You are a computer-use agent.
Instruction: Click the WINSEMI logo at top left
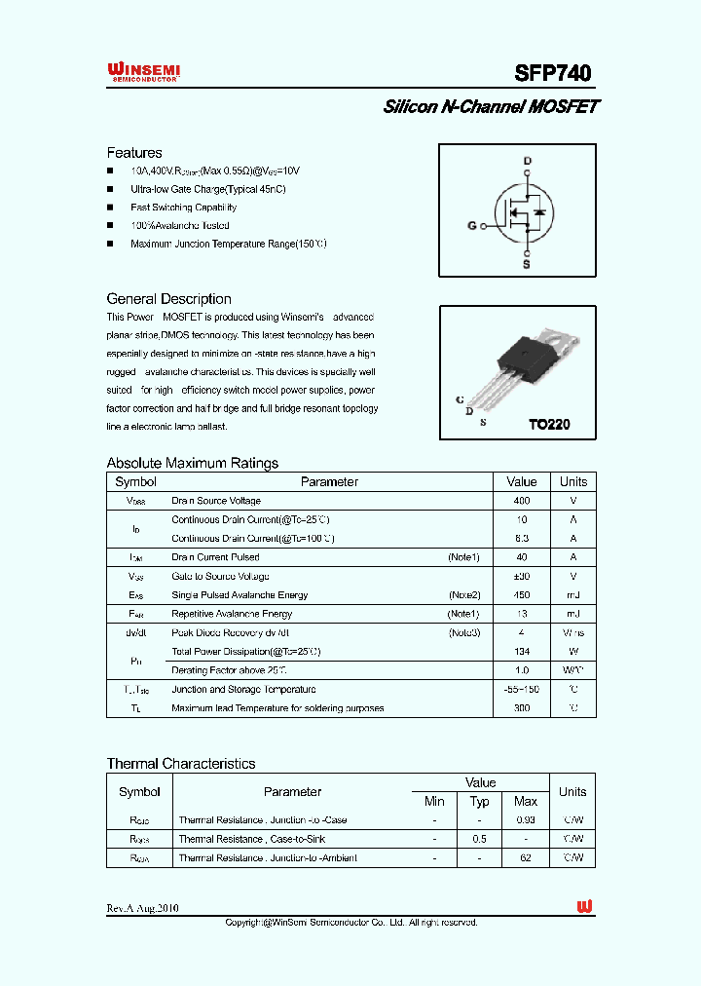click(143, 71)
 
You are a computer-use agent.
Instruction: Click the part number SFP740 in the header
click(552, 73)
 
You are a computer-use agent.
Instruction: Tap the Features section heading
click(134, 153)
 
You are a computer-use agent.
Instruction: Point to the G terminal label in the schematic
click(472, 226)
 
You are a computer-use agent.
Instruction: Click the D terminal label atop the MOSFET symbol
click(527, 161)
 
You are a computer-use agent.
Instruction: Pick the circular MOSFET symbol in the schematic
click(519, 212)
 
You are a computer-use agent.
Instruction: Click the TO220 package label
click(548, 425)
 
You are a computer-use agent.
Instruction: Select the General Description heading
click(168, 299)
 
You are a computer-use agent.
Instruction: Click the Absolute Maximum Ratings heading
click(192, 463)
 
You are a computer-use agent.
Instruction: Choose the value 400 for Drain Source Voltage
click(522, 501)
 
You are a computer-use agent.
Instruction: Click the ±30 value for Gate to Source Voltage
click(522, 576)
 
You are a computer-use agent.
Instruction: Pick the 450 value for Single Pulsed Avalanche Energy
click(522, 594)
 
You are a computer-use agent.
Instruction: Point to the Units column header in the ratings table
click(572, 481)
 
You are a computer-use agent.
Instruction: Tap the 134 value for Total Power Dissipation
click(522, 651)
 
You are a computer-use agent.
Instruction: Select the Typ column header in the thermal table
click(480, 801)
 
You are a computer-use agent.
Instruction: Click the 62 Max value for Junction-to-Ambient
click(525, 857)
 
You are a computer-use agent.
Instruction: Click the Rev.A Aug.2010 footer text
click(142, 908)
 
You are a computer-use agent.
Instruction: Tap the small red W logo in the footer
click(584, 907)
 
